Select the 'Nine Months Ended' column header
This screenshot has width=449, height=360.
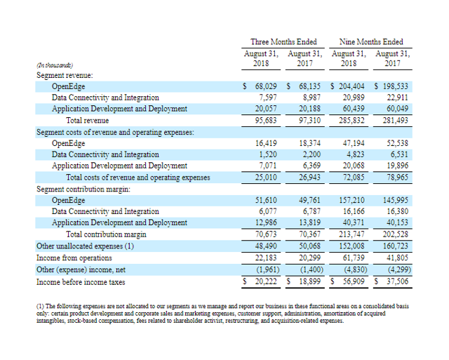[x=370, y=41]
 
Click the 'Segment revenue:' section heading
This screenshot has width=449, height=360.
[x=65, y=74]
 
